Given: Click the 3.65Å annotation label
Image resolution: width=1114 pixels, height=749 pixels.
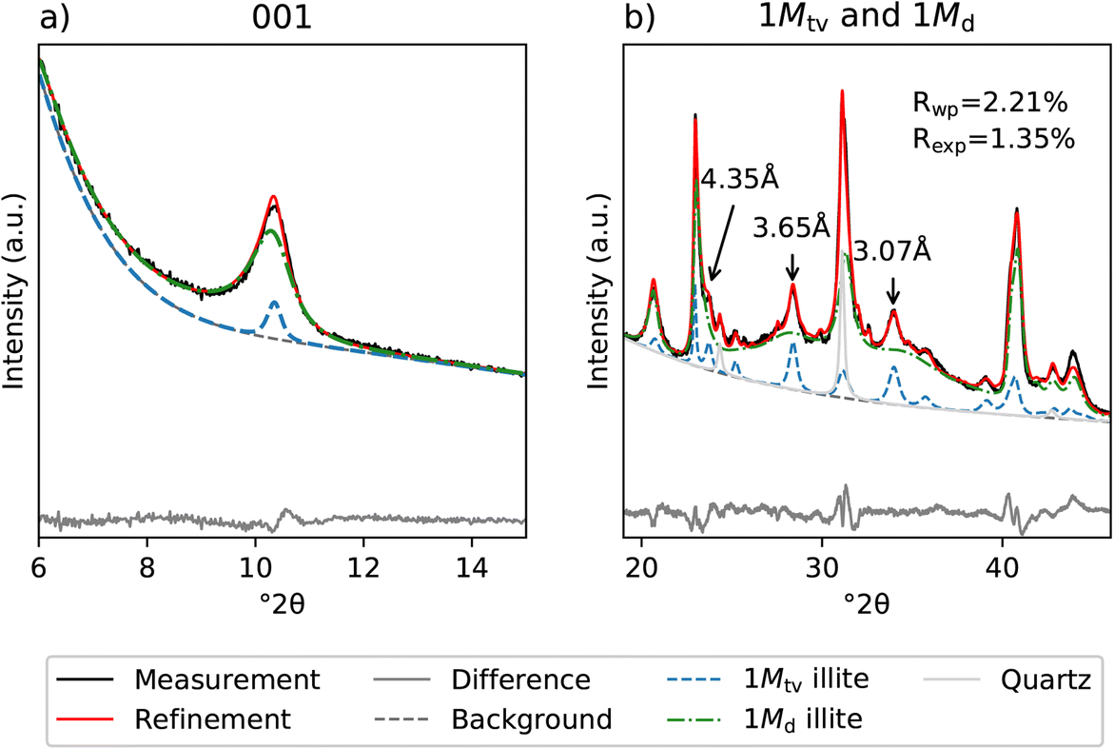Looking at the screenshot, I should [x=792, y=229].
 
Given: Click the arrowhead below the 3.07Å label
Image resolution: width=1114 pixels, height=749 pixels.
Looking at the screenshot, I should [x=893, y=303].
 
